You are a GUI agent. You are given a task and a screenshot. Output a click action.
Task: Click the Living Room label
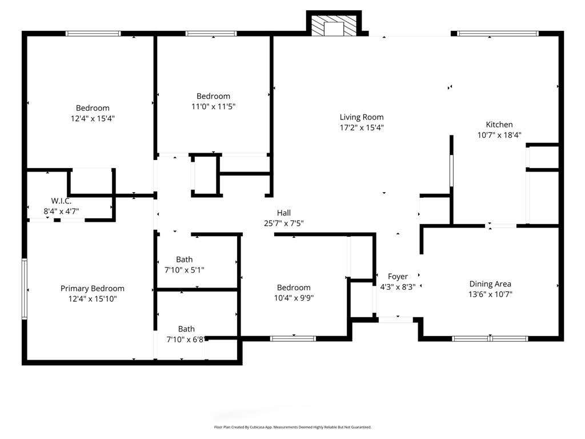[x=362, y=117]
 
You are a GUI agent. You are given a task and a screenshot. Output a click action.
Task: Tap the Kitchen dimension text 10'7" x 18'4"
[x=499, y=135]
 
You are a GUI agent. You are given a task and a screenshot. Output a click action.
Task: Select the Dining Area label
[x=490, y=284]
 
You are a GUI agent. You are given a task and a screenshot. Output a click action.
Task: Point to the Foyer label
[x=398, y=277]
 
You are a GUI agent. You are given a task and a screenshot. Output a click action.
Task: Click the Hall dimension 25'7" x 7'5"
[x=284, y=224]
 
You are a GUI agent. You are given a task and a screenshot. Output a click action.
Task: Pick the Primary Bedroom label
[x=93, y=289]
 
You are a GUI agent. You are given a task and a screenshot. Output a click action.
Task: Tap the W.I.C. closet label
[x=61, y=201]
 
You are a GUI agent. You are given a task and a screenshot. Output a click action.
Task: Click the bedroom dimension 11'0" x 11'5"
[x=214, y=107]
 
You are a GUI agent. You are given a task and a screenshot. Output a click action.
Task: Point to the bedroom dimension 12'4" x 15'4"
[x=93, y=119]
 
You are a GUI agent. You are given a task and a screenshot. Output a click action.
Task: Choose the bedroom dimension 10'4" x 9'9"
[x=294, y=298]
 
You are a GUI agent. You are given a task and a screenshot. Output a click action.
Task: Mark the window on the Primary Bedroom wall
[x=25, y=289]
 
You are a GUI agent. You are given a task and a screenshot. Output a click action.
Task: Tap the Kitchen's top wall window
[x=498, y=34]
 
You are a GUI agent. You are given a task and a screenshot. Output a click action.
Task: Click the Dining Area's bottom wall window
[x=490, y=339]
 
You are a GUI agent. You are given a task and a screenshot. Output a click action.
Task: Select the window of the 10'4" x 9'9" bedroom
[x=293, y=339]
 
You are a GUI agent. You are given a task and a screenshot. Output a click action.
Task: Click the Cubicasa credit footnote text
[x=292, y=427]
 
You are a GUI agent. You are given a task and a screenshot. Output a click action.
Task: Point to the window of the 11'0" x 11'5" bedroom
[x=211, y=34]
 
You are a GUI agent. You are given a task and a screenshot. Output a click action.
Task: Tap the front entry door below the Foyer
[x=396, y=320]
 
